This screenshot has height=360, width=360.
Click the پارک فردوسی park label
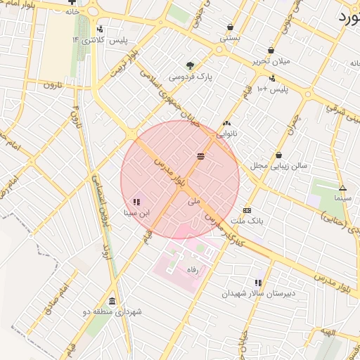click(191, 76)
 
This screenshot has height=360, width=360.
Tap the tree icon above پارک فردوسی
click(191, 65)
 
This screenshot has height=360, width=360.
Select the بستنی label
click(231, 38)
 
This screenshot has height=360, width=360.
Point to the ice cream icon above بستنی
click(231, 27)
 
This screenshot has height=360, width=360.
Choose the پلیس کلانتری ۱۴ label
click(99, 40)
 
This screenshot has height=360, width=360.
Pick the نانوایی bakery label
click(226, 132)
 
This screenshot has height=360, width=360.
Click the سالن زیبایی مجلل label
click(279, 165)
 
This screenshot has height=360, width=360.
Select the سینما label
click(343, 198)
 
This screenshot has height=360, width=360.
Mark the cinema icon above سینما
click(343, 188)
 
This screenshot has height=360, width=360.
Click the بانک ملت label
click(247, 221)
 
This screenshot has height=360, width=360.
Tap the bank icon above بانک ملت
click(247, 210)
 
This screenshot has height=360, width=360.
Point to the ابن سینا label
click(136, 212)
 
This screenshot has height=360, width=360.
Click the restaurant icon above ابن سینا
click(136, 202)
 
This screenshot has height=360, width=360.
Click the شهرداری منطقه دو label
click(112, 311)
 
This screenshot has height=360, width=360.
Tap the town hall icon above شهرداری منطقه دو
click(112, 300)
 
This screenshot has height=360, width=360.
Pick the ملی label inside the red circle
click(195, 200)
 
